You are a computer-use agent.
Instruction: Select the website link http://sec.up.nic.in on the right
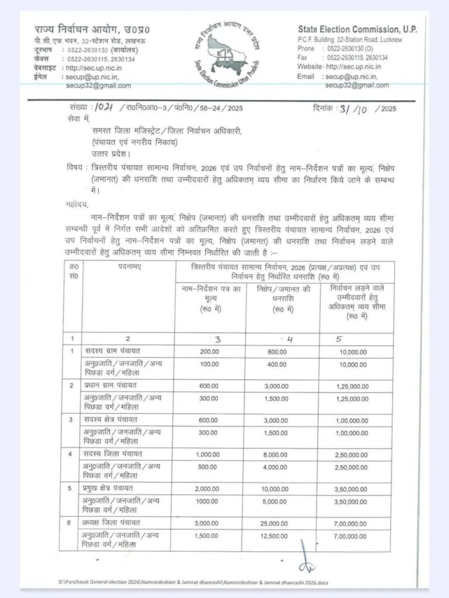(348, 67)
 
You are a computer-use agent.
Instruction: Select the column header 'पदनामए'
(131, 266)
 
